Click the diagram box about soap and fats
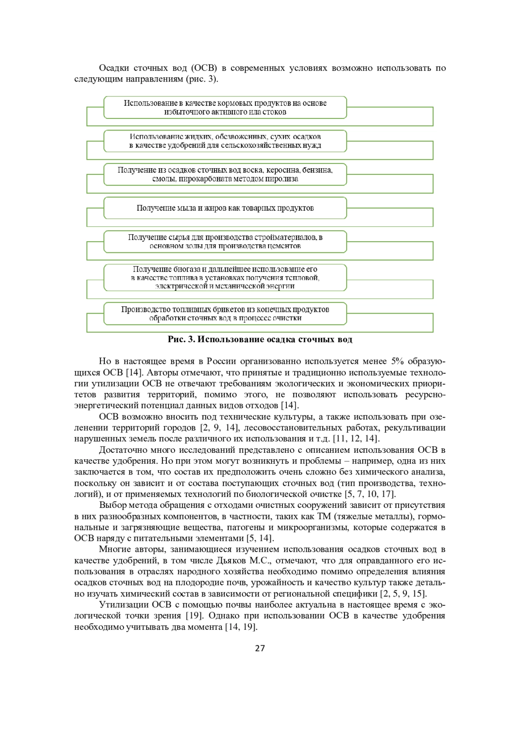click(x=225, y=208)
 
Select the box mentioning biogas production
click(x=225, y=278)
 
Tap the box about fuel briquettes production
click(x=225, y=314)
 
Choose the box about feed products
click(x=225, y=108)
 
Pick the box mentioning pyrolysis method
click(x=225, y=174)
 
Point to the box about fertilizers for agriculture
click(x=225, y=141)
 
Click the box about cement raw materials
click(x=225, y=242)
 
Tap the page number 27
click(x=260, y=648)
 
